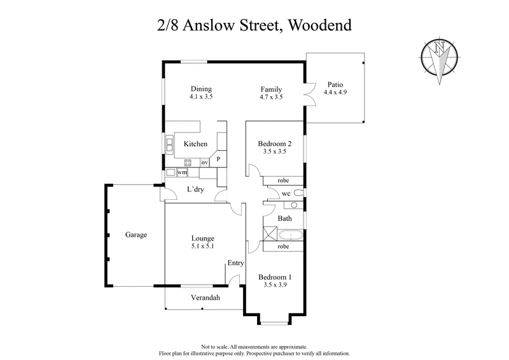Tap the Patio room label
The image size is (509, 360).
coord(336,84)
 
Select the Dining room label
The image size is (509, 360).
coord(200,89)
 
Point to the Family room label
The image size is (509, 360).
coord(271,89)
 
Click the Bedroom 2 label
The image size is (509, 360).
coord(274,144)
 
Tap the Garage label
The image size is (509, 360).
coord(136,235)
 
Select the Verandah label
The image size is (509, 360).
coord(206,298)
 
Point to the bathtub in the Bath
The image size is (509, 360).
coord(291,234)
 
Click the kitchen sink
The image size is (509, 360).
coord(171,145)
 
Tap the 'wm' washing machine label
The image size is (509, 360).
coord(182,172)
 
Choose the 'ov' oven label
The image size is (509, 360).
coord(205,163)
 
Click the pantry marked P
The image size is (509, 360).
coord(218,159)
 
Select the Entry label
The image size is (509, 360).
coord(235,263)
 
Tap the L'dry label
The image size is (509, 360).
coord(195,190)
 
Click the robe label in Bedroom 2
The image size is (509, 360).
coord(283,180)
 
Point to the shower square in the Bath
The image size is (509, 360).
coord(269,233)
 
